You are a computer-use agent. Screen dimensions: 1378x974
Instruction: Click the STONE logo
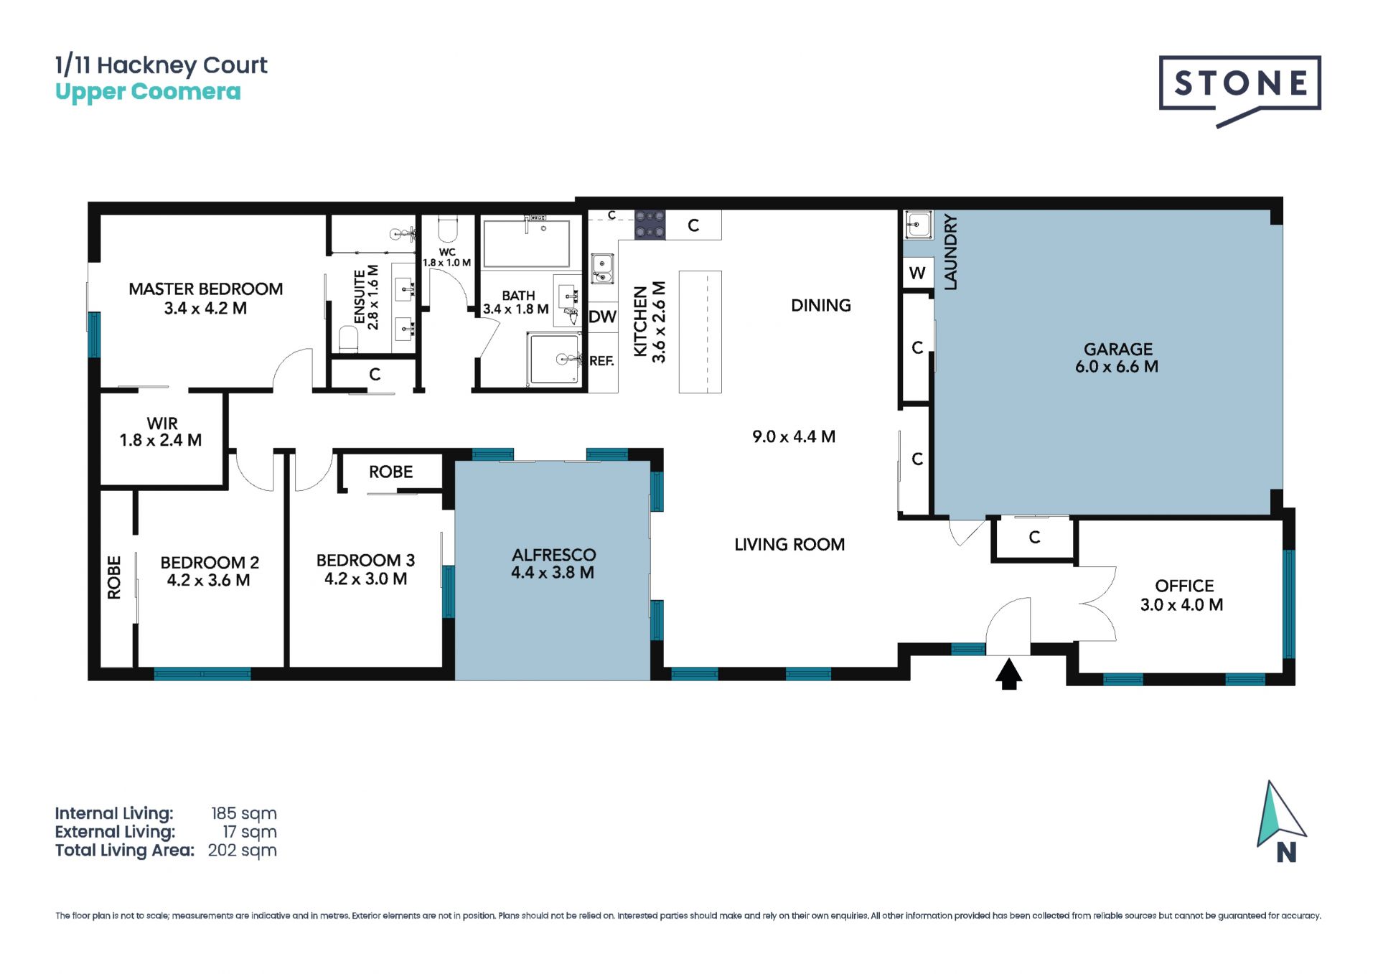click(x=1239, y=90)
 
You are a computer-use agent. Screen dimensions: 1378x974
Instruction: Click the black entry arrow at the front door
click(x=1009, y=674)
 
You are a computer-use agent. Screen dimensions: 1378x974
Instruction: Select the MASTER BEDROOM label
click(x=205, y=289)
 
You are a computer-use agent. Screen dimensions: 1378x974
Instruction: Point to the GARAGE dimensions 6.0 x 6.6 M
click(x=1117, y=367)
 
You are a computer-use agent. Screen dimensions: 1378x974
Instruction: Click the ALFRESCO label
click(x=553, y=555)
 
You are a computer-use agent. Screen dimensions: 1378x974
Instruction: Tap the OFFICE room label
click(x=1184, y=586)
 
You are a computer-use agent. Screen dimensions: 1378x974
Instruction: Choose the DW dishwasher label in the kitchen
click(x=602, y=317)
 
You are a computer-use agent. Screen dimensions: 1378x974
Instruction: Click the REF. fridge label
click(x=601, y=361)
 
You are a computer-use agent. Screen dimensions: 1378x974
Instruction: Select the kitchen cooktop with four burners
click(x=650, y=225)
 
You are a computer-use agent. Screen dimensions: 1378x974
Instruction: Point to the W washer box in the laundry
click(x=917, y=273)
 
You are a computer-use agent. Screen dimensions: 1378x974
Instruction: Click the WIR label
click(x=162, y=423)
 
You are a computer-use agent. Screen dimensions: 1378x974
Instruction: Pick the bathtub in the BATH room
click(x=527, y=244)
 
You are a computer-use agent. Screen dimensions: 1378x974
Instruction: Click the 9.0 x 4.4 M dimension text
click(x=794, y=436)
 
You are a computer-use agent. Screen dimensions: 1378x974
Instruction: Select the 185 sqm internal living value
click(x=243, y=813)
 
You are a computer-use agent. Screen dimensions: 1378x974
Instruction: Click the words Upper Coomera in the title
click(x=148, y=93)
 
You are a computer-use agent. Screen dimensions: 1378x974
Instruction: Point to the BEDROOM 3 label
click(x=365, y=560)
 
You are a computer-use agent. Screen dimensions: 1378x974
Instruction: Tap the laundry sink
click(x=918, y=225)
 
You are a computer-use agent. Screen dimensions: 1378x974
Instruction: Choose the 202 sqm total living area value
click(x=242, y=851)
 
